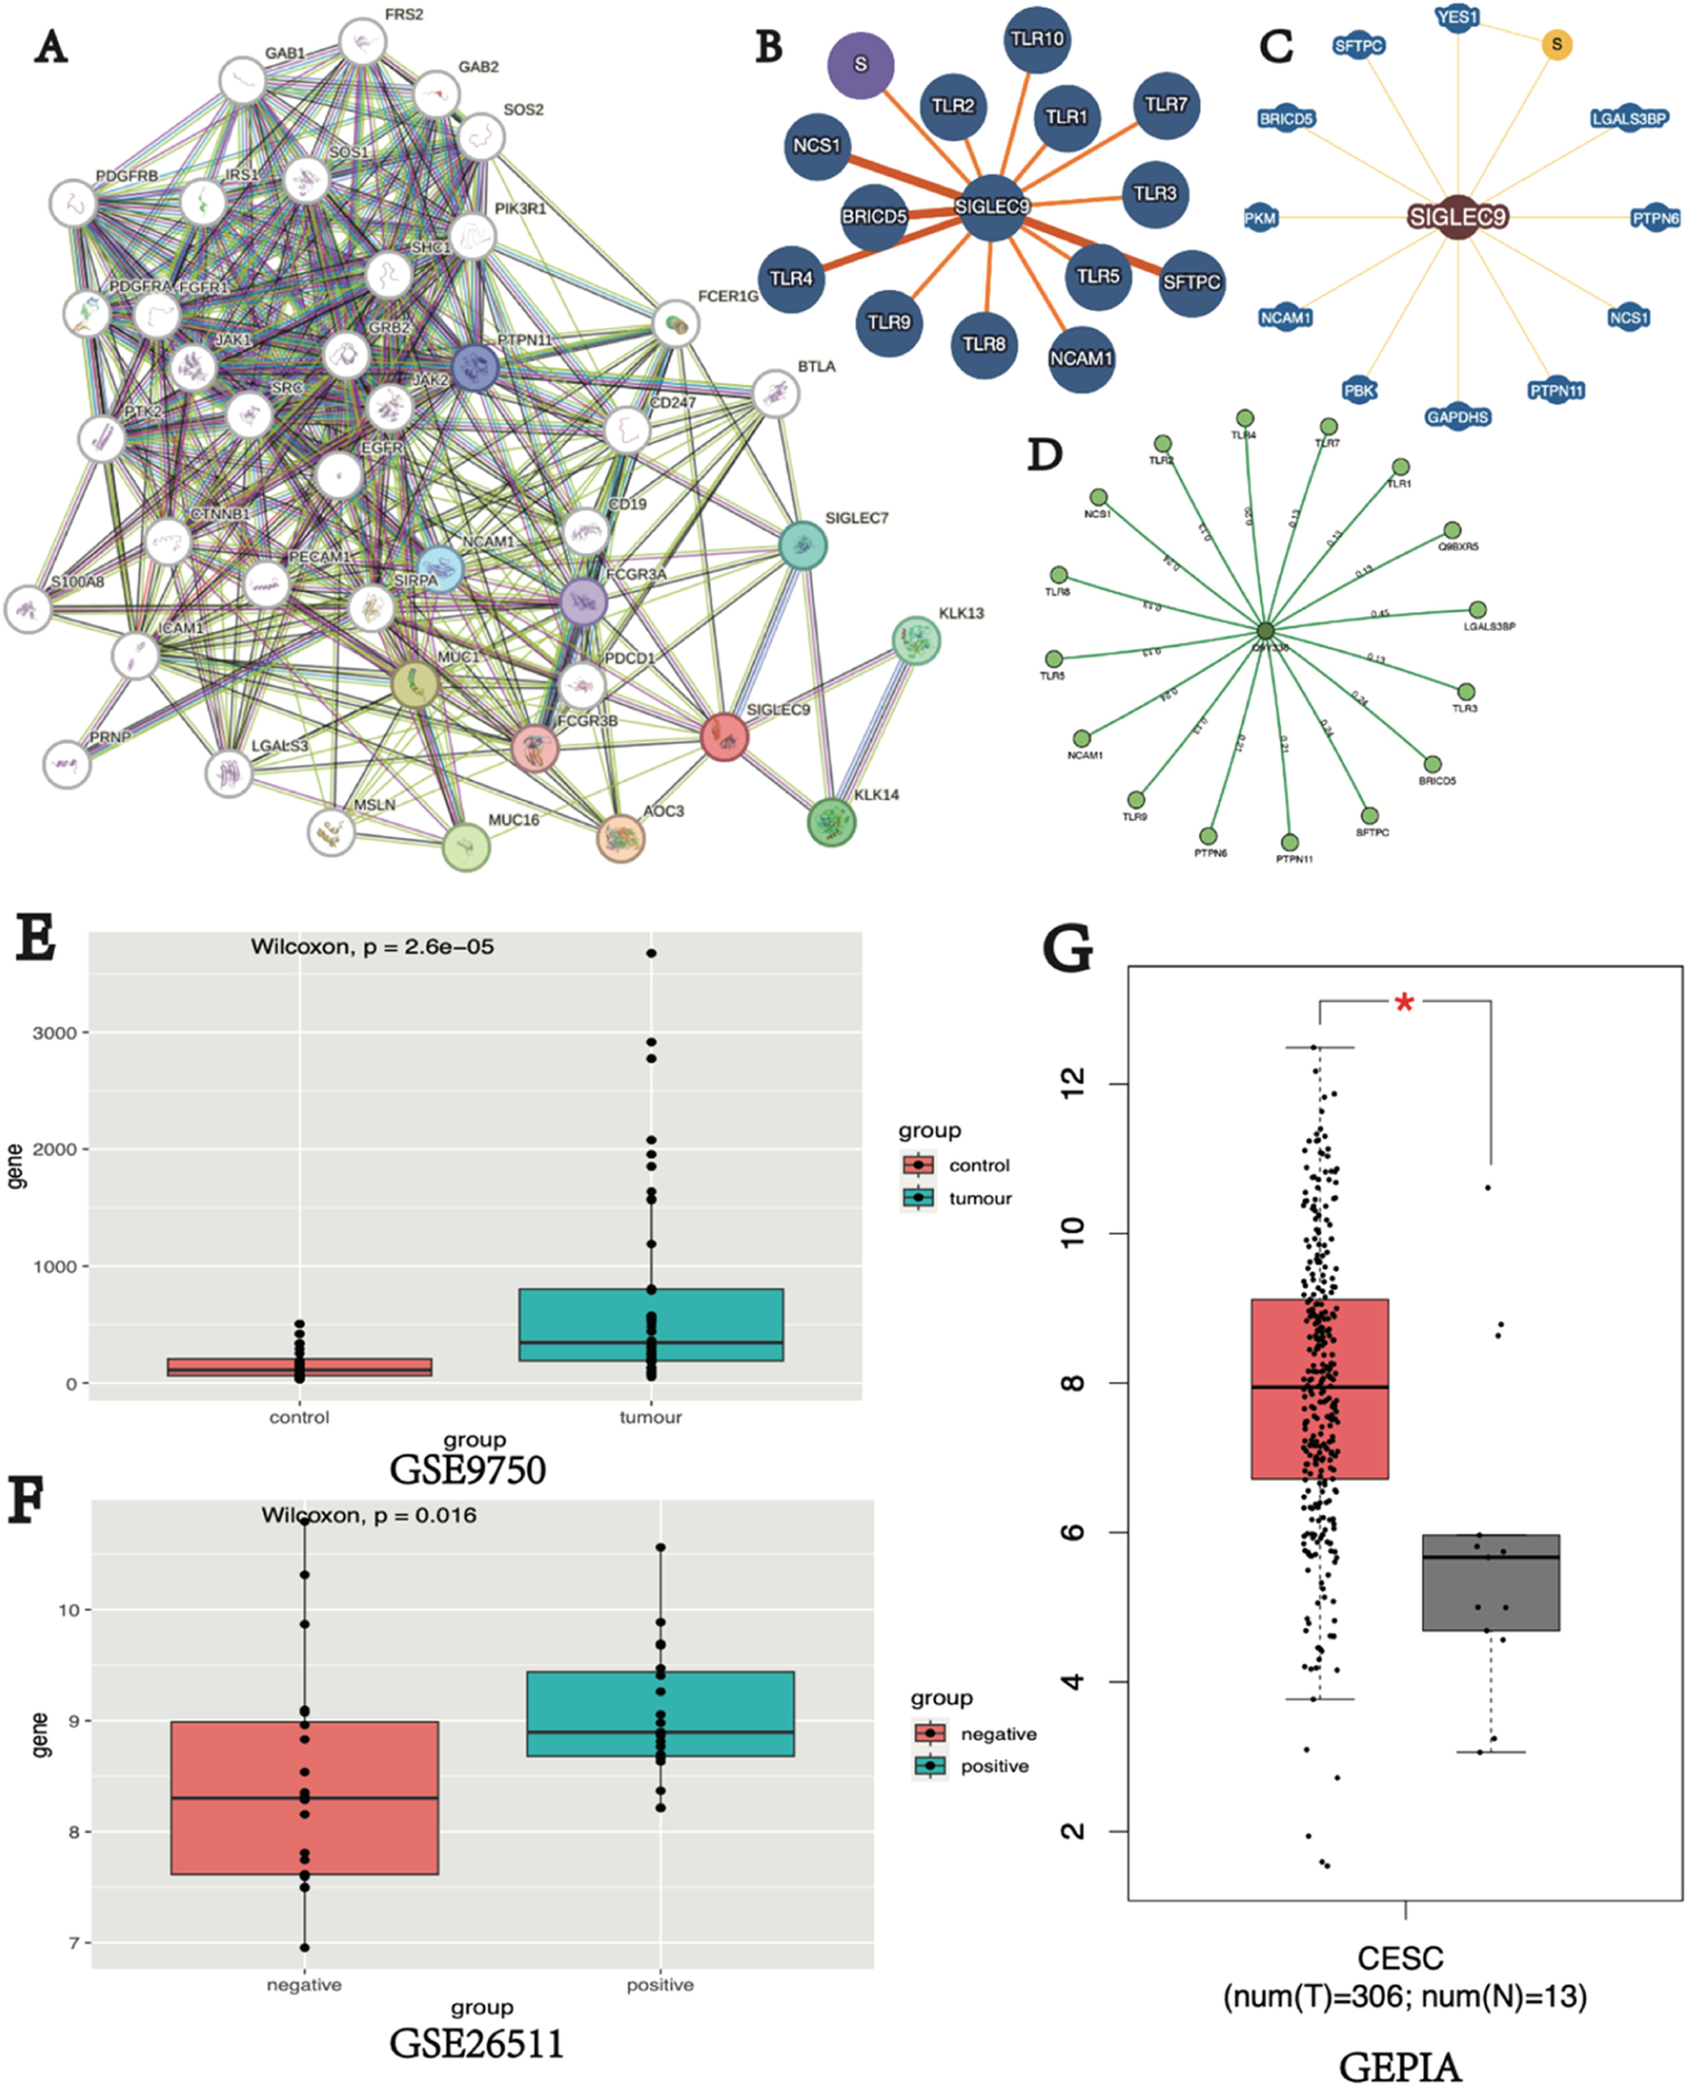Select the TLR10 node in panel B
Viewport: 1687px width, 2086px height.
tap(1037, 39)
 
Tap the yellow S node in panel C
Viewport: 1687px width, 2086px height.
tap(1557, 44)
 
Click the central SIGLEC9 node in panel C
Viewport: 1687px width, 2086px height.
tap(1458, 217)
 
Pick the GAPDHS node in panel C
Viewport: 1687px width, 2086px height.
tap(1458, 417)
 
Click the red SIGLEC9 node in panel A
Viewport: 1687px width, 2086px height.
tap(724, 737)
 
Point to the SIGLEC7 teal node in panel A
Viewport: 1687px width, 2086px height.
tap(803, 546)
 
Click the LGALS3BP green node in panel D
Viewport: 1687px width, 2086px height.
tap(1477, 610)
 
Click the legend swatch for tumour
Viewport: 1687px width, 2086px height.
tap(918, 1198)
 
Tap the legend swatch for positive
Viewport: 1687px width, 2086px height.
tap(930, 1766)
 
